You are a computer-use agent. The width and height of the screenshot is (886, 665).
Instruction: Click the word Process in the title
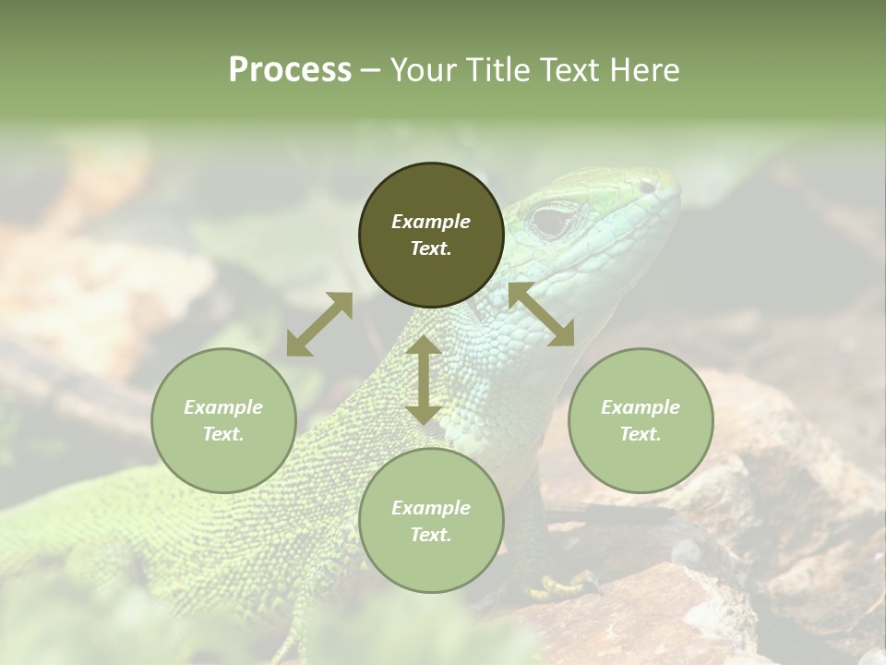[x=290, y=69]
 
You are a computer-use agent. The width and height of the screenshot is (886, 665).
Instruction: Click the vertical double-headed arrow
[x=424, y=380]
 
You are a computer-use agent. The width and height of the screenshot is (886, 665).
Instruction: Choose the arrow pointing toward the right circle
[x=541, y=314]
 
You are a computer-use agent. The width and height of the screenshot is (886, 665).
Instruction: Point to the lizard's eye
[x=553, y=221]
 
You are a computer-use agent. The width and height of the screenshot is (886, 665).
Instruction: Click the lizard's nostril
[x=647, y=187]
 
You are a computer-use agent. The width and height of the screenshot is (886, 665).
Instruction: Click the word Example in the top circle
[x=431, y=222]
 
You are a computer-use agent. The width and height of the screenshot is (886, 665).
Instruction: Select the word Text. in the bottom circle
[x=431, y=535]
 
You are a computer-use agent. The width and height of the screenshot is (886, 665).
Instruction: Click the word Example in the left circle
[x=223, y=407]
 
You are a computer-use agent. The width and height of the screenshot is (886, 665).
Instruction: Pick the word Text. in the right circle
[x=641, y=434]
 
